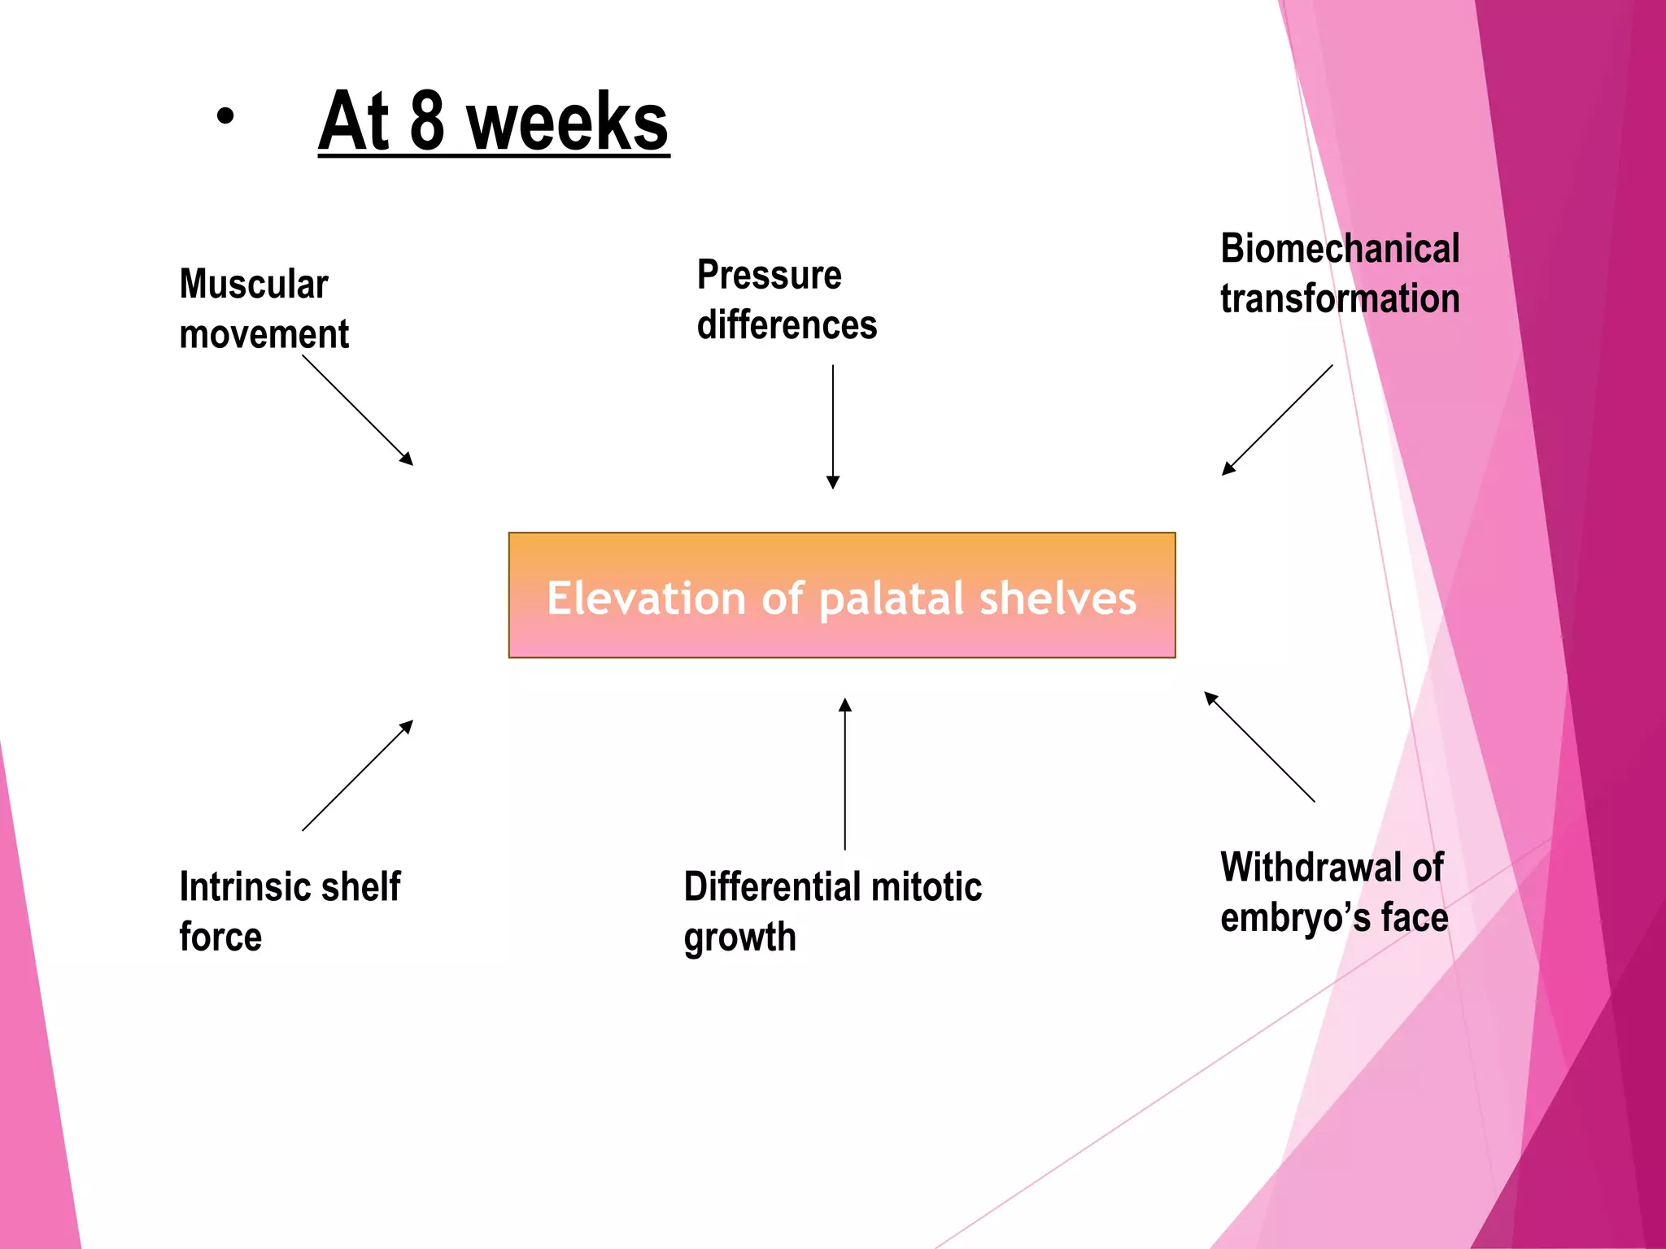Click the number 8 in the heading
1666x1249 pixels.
point(427,122)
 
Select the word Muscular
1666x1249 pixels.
point(254,285)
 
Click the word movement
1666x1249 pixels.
point(264,335)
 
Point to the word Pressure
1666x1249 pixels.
point(769,275)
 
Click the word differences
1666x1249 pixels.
point(787,325)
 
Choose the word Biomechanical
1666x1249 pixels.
point(1340,249)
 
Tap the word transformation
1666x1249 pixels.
point(1340,298)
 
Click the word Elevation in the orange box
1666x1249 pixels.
point(646,598)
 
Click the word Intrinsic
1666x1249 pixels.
point(238,886)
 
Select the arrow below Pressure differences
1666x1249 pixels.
point(833,426)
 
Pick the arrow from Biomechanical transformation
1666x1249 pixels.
point(1277,420)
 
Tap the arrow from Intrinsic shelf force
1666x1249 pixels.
point(358,775)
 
